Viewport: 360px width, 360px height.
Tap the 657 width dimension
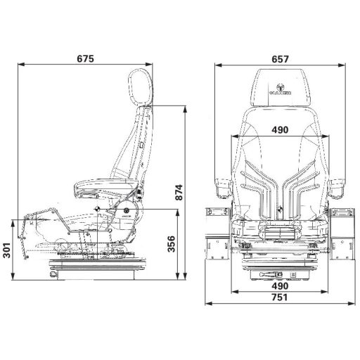pos(281,59)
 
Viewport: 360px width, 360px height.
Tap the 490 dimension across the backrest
pos(281,129)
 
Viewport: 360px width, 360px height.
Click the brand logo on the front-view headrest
pos(281,90)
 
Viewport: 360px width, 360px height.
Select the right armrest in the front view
pos(338,186)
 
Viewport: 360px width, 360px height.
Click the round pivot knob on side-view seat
pos(127,210)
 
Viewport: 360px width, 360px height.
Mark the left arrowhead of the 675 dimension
pos(18,66)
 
